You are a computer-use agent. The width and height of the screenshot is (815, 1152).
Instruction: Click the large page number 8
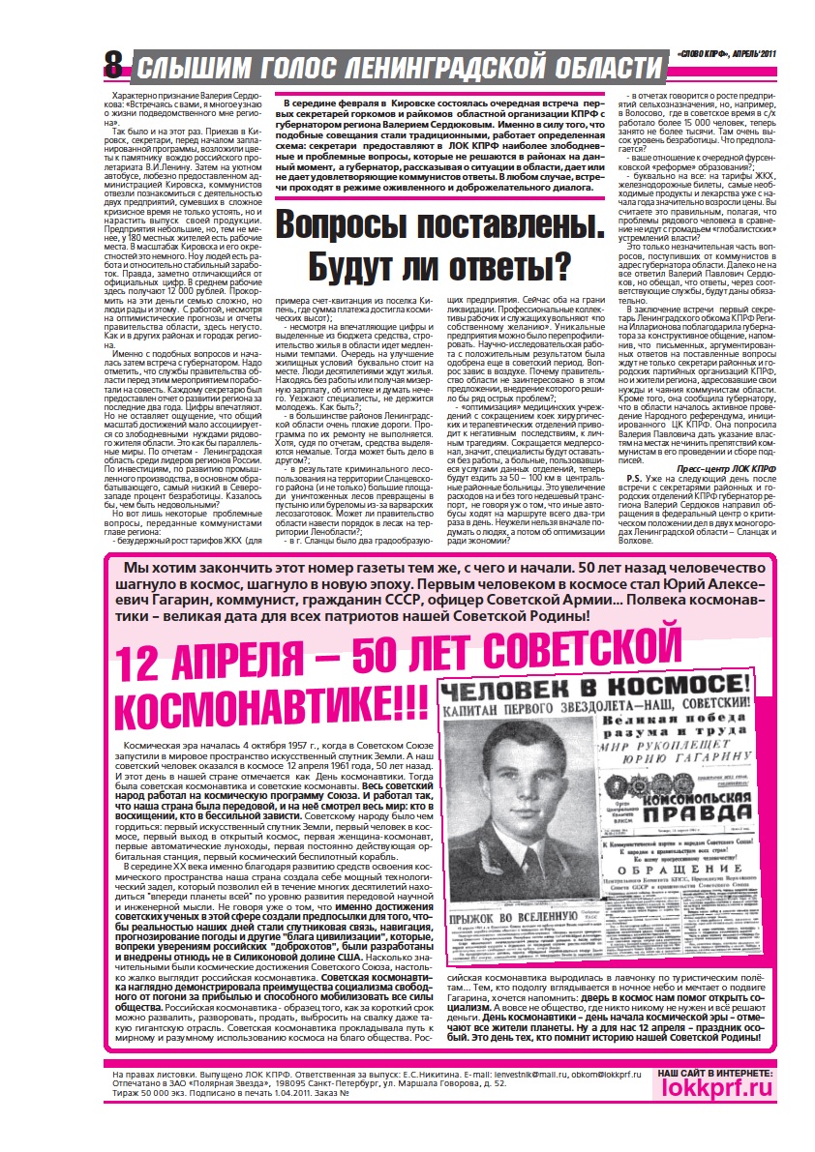[x=113, y=66]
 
